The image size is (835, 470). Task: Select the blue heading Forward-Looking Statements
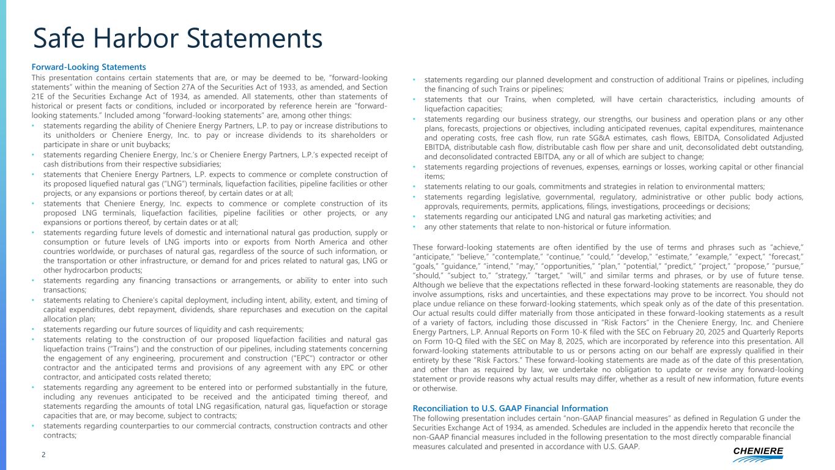coord(89,67)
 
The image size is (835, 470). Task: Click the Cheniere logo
coord(758,453)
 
